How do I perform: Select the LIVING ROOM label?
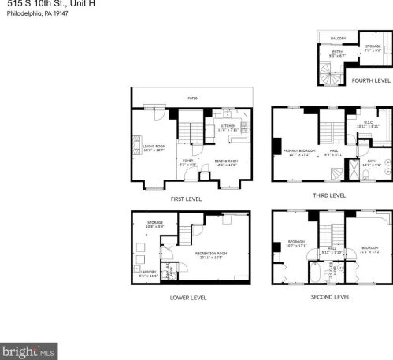pos(154,147)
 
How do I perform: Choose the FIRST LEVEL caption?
pos(186,199)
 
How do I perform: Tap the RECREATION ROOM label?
pos(210,253)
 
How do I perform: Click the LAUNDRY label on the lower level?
pos(147,273)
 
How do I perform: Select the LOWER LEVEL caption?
pos(188,298)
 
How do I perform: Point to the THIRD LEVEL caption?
pos(329,195)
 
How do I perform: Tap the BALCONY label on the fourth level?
pos(338,39)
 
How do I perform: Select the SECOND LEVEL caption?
pos(331,297)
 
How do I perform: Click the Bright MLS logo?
pos(29,351)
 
